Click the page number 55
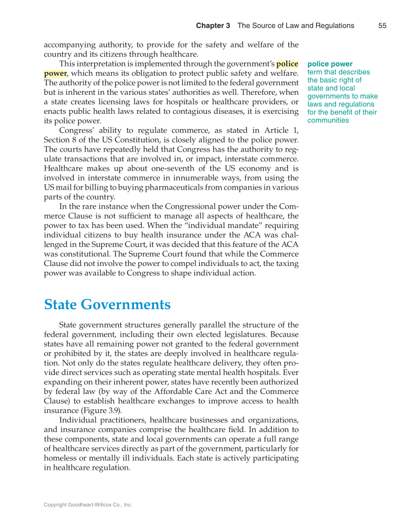coord(382,25)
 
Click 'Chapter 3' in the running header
coord(213,25)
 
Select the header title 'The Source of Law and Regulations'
coord(296,25)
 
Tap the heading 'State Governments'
coord(107,304)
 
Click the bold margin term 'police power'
coord(330,64)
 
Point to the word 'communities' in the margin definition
coord(328,120)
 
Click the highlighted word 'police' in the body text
coord(287,64)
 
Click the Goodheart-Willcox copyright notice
coord(88,505)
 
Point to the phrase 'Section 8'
coord(60,140)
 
